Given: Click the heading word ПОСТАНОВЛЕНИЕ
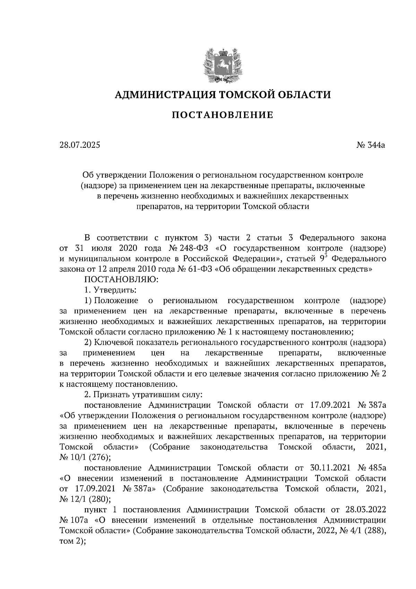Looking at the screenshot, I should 222,115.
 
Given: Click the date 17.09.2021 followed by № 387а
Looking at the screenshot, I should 329,405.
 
